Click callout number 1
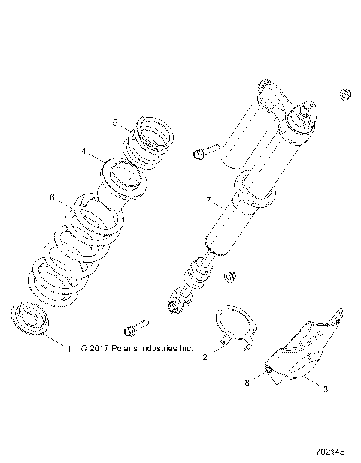click(x=68, y=349)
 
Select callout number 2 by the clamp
click(x=205, y=358)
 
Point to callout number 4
click(x=85, y=151)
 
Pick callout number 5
click(x=115, y=122)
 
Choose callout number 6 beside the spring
click(x=52, y=197)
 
